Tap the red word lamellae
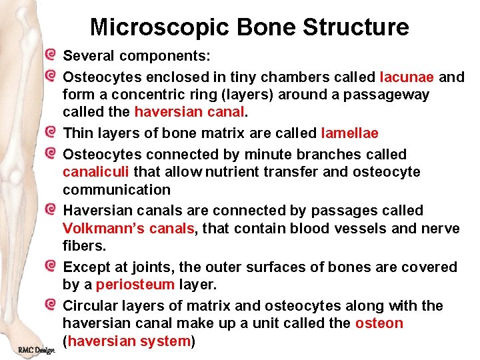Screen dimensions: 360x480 coord(349,133)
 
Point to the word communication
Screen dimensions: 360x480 coord(117,190)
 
